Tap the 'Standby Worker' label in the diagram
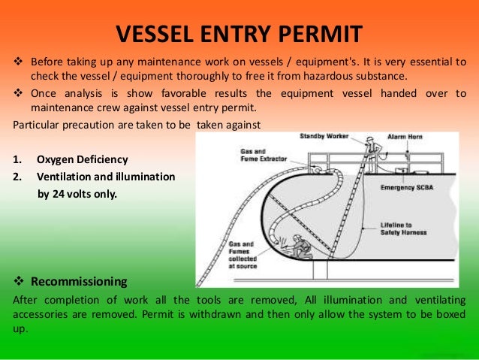(322, 137)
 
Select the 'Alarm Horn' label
(405, 138)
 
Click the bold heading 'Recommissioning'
(79, 283)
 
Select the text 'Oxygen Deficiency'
(82, 159)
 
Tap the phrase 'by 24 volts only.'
(77, 193)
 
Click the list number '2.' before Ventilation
(19, 177)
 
